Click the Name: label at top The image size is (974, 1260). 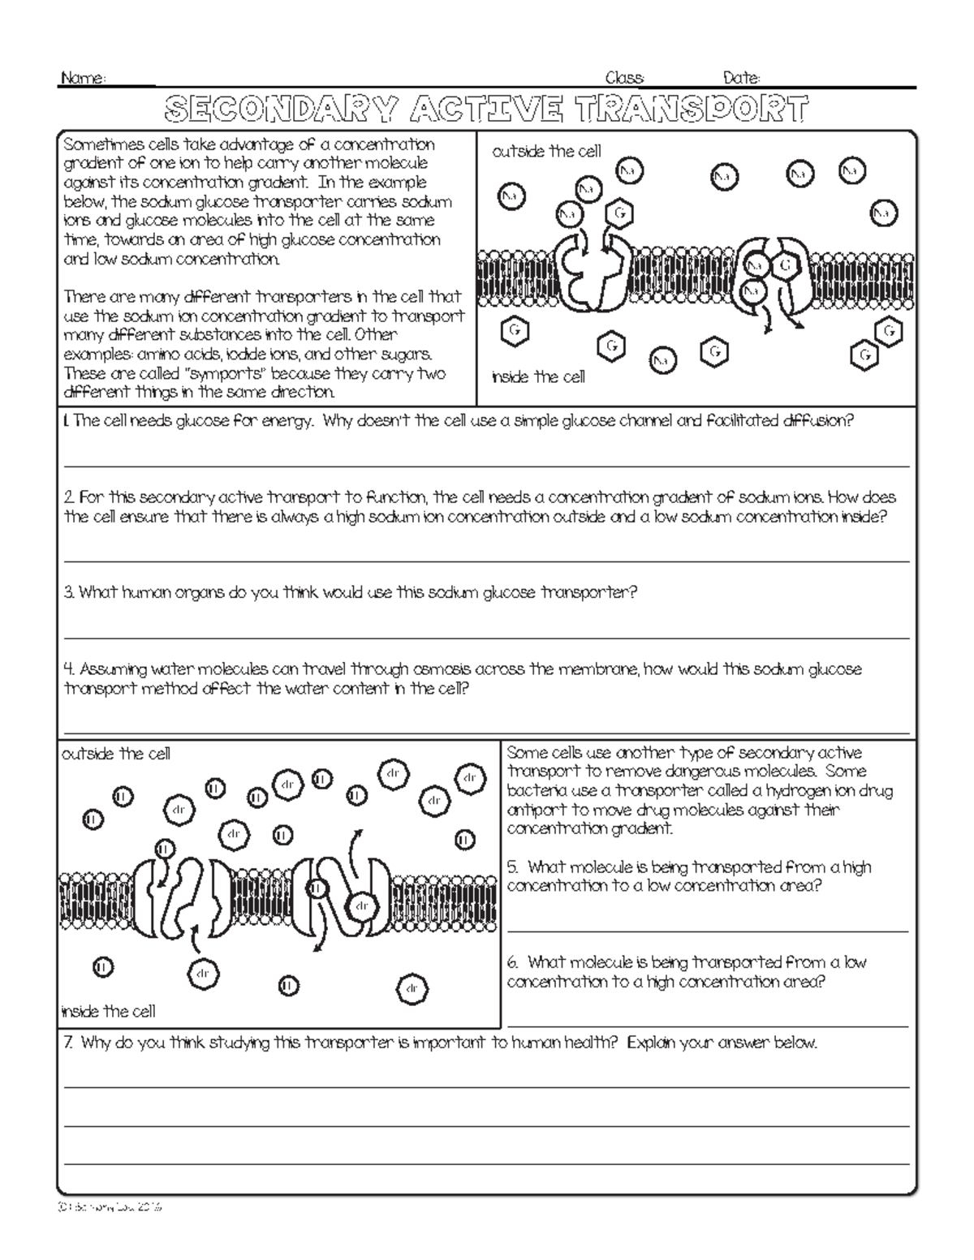(83, 79)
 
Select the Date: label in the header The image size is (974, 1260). (741, 79)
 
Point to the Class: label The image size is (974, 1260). (625, 79)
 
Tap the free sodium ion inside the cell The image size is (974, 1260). (663, 359)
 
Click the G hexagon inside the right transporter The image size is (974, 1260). (785, 265)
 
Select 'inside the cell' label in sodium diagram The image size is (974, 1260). (538, 377)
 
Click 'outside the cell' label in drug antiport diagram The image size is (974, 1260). (116, 754)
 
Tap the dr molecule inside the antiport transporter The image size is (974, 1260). (362, 905)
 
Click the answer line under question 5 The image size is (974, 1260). (707, 931)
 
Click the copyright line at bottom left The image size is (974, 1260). (110, 1207)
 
